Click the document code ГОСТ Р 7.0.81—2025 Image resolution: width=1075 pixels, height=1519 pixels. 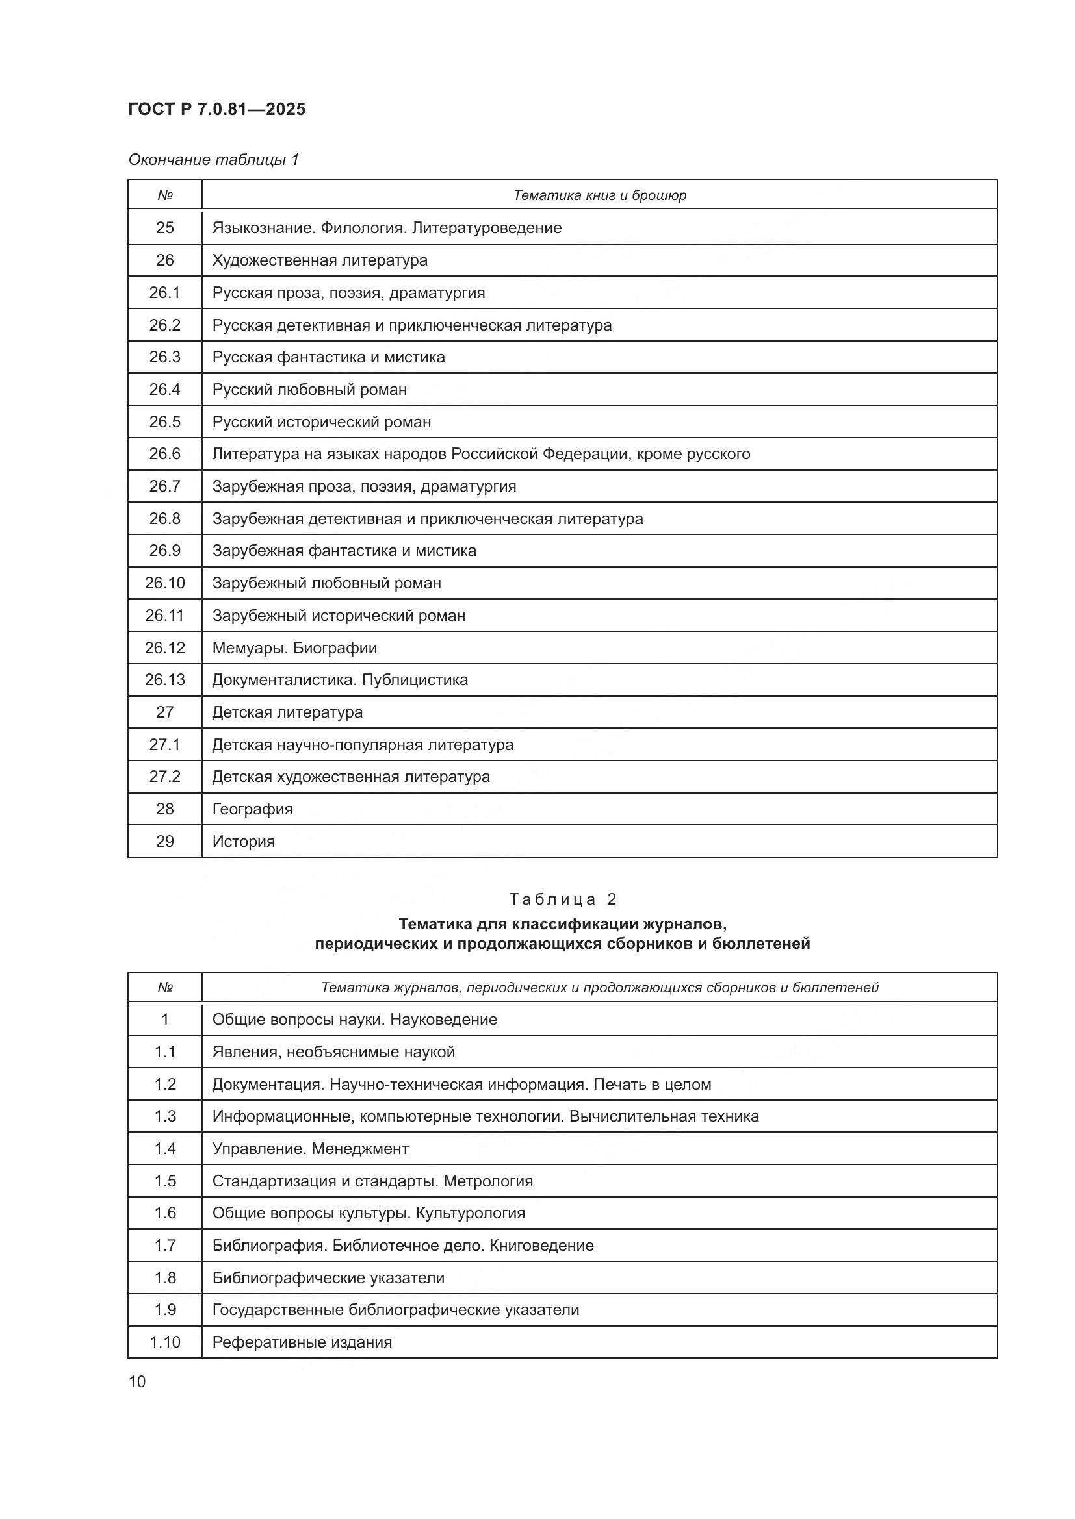[x=216, y=109]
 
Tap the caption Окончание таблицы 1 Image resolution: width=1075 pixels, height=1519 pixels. [x=213, y=160]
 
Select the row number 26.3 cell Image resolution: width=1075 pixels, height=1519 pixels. [x=165, y=357]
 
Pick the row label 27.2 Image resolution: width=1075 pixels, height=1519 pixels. [x=165, y=776]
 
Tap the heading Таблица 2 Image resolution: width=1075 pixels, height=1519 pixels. [x=562, y=898]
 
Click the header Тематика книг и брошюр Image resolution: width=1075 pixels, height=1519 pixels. [x=599, y=195]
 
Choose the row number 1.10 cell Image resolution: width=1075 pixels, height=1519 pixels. [x=165, y=1342]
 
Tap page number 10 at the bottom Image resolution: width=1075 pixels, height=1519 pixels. [x=137, y=1381]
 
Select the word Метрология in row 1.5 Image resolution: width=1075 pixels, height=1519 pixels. [x=488, y=1181]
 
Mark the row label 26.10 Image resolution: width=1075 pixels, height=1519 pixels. [x=165, y=583]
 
